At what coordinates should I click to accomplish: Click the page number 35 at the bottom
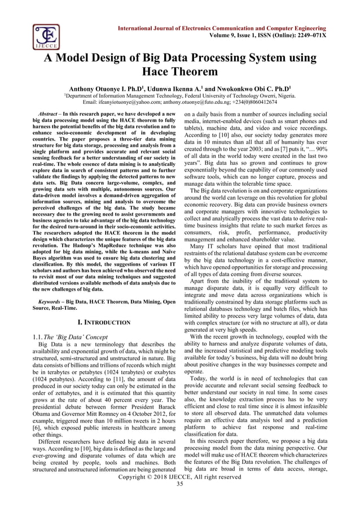click(180, 484)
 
